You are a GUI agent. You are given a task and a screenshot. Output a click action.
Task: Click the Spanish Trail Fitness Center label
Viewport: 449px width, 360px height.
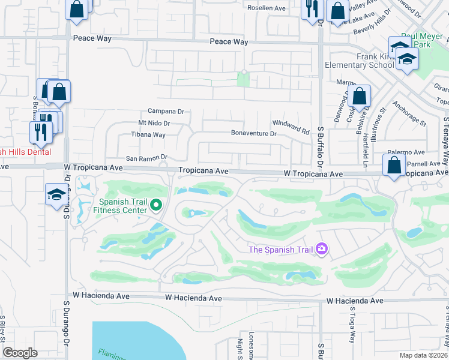(122, 206)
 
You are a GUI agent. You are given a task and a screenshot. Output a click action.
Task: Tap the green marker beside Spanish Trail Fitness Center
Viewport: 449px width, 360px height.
(156, 206)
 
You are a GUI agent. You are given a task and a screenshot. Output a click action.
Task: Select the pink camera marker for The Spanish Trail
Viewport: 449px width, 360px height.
(322, 248)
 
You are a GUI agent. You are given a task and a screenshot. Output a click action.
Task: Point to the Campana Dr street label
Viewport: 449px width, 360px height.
(166, 112)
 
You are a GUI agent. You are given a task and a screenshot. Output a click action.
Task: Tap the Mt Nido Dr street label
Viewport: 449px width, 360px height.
(154, 124)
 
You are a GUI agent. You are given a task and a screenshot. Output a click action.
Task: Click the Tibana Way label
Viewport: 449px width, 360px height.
(148, 135)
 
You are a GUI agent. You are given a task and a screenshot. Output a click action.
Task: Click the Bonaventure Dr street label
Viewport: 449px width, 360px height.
(254, 134)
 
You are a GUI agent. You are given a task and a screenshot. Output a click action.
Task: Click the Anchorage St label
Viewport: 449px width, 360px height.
(409, 114)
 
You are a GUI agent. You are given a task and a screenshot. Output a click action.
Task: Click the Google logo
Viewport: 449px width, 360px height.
(20, 353)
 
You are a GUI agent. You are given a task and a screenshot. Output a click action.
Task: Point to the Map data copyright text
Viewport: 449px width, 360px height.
(424, 355)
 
